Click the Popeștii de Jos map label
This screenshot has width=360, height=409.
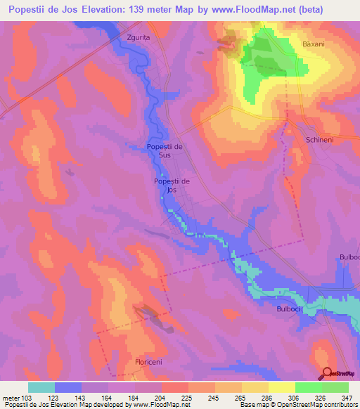click(x=170, y=185)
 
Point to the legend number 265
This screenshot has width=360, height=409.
click(x=219, y=397)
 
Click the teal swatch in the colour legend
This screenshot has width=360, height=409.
click(x=41, y=387)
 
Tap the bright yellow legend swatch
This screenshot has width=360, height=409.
click(x=282, y=387)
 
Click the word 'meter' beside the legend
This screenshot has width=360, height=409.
click(x=12, y=397)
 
